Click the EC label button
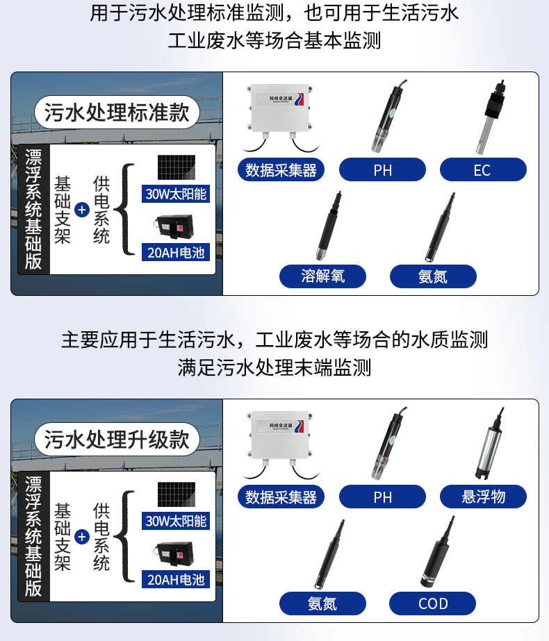483,169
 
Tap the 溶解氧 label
322,276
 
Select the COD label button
432,603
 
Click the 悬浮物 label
483,497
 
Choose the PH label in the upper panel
382,169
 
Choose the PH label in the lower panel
382,497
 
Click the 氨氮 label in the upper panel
433,276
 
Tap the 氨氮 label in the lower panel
322,603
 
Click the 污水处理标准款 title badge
117,113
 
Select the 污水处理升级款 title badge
117,440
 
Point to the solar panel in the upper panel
177,167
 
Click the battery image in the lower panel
174,553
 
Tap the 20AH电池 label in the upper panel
176,252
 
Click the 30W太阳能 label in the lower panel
176,521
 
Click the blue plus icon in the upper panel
82,210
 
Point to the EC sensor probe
490,117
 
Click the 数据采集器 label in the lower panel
281,497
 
